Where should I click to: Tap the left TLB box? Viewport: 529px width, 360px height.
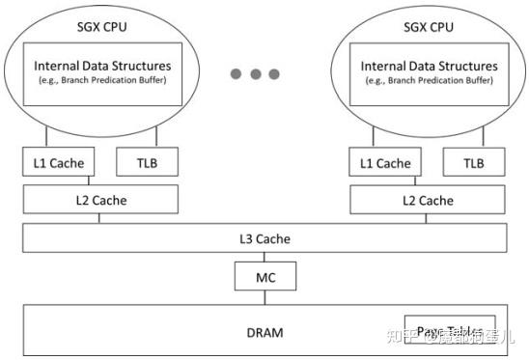point(149,163)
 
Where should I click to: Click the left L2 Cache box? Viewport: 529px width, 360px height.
point(100,200)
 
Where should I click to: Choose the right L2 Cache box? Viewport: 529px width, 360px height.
point(429,200)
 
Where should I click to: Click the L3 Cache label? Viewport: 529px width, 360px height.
point(264,238)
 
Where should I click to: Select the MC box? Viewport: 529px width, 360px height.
point(264,276)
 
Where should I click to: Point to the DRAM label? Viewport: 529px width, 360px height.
point(264,333)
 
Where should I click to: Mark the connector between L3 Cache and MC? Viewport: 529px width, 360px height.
point(264,256)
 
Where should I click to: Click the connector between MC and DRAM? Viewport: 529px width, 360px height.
point(264,297)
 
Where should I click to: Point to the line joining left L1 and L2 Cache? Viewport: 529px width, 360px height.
point(89,181)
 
